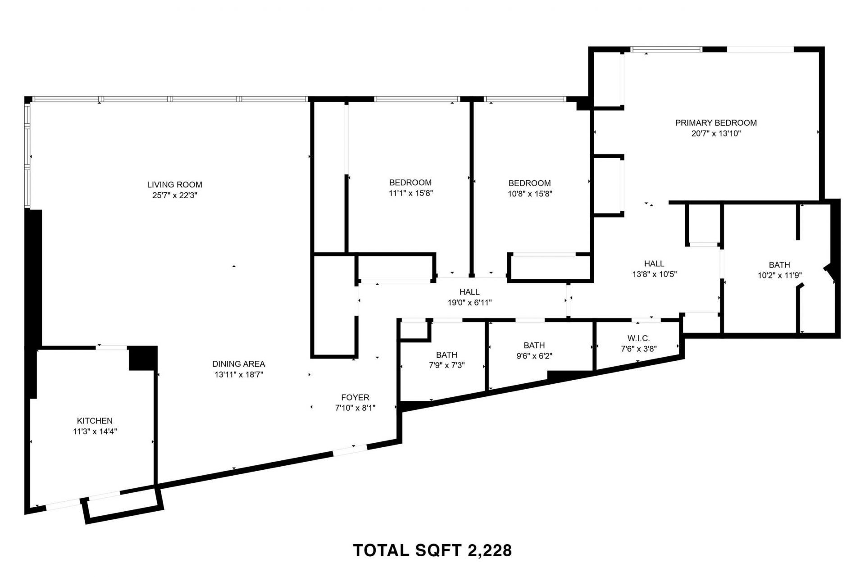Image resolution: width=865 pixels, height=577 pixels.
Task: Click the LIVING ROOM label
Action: [174, 185]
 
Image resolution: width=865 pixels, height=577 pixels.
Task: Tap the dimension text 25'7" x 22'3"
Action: [174, 195]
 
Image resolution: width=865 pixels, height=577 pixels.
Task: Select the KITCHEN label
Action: [95, 421]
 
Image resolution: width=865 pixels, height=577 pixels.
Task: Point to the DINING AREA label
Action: [238, 364]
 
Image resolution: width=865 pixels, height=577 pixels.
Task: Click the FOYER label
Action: [355, 397]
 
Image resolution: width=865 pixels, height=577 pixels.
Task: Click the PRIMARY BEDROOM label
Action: [715, 123]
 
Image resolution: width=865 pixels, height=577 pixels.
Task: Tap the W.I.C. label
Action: [638, 338]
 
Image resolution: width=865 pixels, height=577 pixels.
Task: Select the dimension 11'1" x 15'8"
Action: [410, 193]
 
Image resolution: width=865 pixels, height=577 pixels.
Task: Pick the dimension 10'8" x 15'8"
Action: [529, 194]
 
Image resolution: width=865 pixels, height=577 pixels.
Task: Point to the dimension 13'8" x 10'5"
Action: [654, 274]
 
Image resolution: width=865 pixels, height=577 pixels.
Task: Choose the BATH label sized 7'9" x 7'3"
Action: [446, 355]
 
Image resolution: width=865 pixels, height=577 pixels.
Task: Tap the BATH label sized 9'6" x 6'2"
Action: [534, 345]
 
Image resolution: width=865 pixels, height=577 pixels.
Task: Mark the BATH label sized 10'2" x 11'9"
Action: [779, 265]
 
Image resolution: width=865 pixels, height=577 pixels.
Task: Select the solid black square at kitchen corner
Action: [143, 358]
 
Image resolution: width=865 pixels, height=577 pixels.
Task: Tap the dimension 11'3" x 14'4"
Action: [95, 432]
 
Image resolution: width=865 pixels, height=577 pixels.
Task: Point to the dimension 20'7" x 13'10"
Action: [715, 134]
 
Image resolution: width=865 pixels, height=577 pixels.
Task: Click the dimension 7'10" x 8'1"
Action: [355, 408]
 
